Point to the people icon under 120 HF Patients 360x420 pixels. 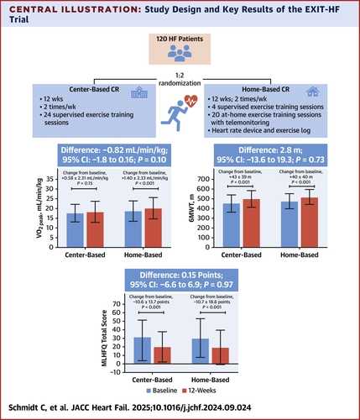coord(179,55)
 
